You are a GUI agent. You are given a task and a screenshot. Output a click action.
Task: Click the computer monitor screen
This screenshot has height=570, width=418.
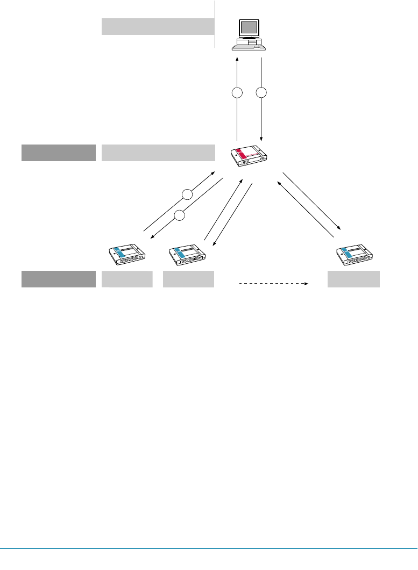pos(248,28)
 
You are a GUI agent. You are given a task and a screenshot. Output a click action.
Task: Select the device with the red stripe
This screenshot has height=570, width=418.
pos(248,155)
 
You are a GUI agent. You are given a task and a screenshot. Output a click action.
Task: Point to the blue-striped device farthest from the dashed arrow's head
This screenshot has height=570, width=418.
pos(127,254)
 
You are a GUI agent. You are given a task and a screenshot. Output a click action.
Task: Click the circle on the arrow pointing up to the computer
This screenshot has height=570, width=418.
pos(237,93)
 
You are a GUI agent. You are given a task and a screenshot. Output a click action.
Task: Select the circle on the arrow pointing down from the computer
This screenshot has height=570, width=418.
pos(261,93)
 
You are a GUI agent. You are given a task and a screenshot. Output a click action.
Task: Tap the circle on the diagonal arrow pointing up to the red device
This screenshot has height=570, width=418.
pos(186,194)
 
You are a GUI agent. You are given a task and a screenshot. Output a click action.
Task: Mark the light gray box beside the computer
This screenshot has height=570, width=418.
pos(158,26)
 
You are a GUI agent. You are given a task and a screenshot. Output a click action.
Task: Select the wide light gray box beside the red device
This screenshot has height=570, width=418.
pos(158,153)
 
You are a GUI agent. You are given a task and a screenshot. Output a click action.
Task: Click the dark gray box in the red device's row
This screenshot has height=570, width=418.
pos(59,153)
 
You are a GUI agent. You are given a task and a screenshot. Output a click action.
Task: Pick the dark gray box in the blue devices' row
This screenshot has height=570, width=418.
pos(59,279)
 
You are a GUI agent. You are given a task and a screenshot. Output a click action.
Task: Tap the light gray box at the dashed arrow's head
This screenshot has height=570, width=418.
pos(354,279)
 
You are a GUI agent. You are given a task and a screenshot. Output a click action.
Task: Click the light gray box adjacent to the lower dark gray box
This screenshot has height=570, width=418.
pos(127,279)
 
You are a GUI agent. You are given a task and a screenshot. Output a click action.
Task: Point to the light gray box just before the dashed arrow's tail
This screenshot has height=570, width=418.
pos(188,279)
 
